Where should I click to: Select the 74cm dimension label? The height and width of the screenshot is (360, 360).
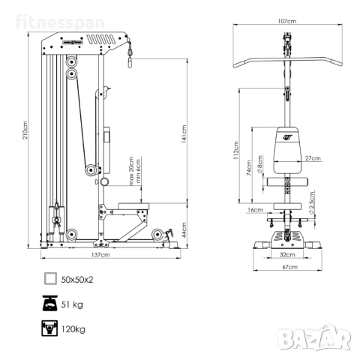coord(248,170)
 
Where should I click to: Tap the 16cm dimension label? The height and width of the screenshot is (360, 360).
coord(255,211)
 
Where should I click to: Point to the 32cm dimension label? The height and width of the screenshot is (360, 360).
coord(286,254)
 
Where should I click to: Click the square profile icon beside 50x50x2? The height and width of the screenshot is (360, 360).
coord(49,279)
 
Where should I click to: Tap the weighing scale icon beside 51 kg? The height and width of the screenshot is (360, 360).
coord(49,304)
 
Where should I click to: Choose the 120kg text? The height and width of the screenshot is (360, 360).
coord(73,328)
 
